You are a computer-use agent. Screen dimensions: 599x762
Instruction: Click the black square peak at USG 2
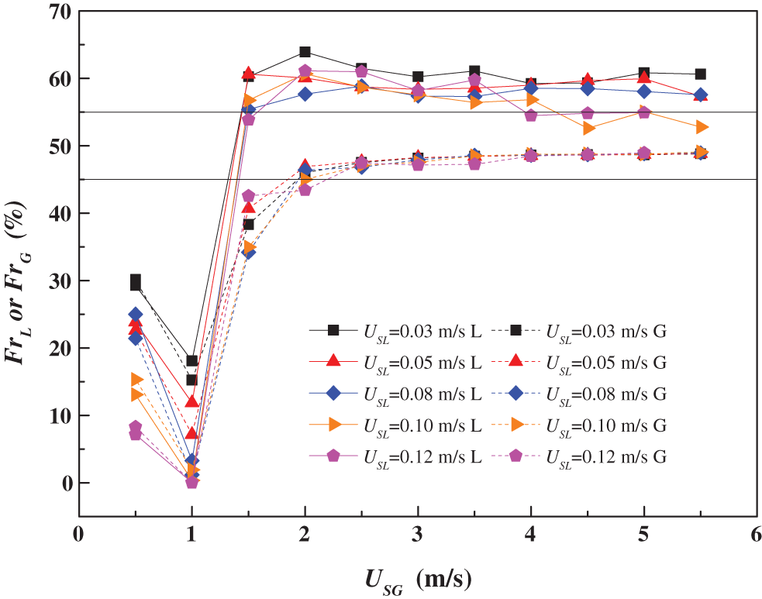click(305, 52)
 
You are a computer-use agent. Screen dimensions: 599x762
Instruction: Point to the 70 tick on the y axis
click(57, 12)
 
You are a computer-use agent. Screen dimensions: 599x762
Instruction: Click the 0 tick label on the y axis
click(64, 483)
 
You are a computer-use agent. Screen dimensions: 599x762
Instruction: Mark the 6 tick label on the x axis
click(757, 535)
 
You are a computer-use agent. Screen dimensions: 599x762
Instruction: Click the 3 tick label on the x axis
click(418, 535)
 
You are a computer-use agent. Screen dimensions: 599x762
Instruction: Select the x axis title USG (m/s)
click(419, 577)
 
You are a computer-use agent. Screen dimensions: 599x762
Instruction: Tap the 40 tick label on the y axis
click(57, 213)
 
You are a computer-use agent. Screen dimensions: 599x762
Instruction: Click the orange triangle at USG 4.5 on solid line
click(588, 128)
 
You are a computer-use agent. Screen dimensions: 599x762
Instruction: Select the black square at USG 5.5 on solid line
click(700, 74)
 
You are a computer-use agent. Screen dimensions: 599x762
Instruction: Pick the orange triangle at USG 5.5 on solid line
click(701, 126)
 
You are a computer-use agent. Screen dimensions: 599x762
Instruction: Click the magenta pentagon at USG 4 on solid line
click(531, 115)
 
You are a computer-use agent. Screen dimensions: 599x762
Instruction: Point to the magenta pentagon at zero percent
click(191, 483)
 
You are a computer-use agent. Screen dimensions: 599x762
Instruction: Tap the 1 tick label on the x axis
click(191, 535)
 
